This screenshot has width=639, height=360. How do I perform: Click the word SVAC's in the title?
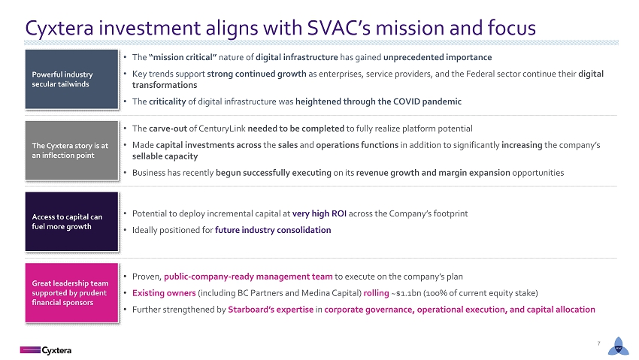338,28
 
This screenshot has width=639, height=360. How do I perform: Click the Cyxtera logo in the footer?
46,350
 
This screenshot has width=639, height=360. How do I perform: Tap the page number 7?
598,343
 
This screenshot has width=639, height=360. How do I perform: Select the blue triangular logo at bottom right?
618,346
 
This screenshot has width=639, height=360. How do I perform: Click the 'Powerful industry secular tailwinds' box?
71,80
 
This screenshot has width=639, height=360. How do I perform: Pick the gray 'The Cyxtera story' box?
71,150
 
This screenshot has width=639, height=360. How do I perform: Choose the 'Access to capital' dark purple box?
71,222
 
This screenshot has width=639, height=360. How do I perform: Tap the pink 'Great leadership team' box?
71,293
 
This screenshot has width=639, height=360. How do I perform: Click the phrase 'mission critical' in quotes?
183,57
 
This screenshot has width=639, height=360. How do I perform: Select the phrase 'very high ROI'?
319,213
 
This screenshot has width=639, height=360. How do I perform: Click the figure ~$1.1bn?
406,293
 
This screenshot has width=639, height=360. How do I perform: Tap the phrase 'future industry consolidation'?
273,230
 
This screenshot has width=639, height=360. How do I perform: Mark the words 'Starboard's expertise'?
271,310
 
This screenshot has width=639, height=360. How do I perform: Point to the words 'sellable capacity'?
165,156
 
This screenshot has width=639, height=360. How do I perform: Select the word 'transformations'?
164,85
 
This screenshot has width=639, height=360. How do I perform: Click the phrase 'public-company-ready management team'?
248,277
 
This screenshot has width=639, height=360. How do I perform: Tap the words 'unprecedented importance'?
438,57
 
